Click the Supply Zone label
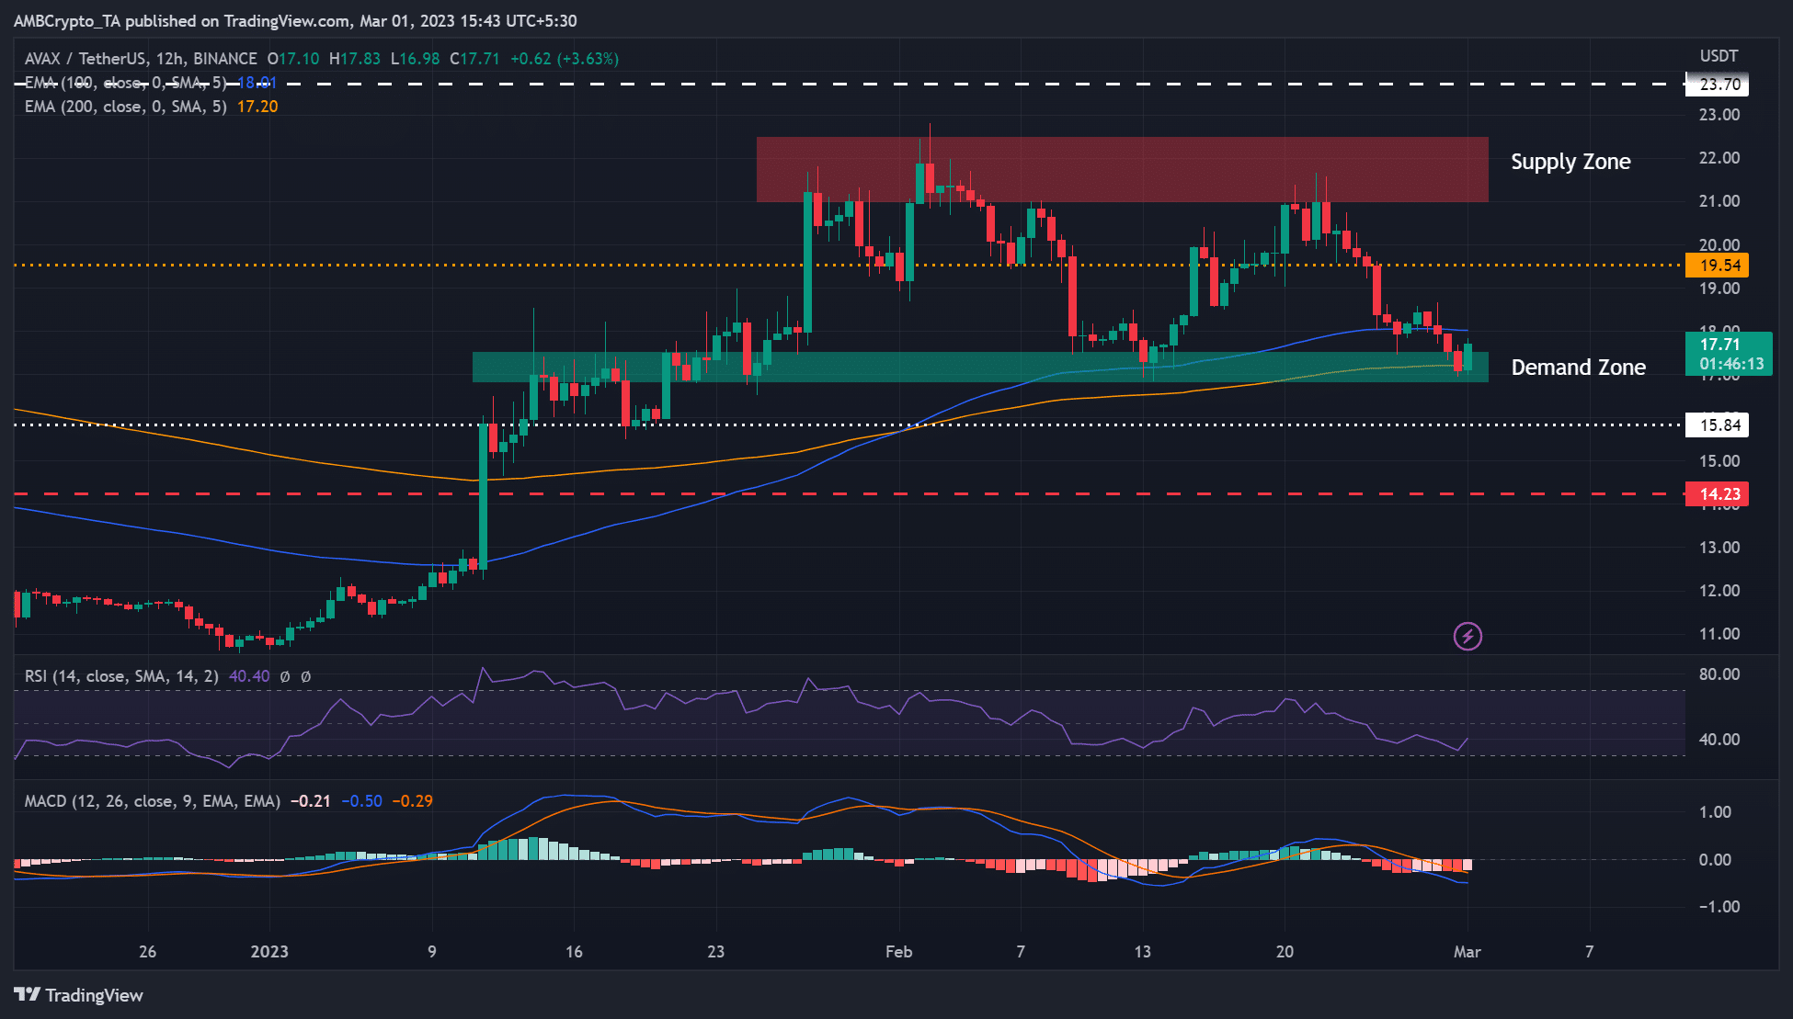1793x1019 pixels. [1570, 162]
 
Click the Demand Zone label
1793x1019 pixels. [1578, 368]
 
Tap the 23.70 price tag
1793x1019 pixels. [1719, 85]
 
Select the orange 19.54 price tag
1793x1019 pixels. [1719, 266]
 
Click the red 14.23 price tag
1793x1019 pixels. [1719, 494]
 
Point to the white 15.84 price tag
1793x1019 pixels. [1719, 425]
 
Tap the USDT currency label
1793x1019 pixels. [1719, 56]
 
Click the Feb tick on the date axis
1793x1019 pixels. [898, 952]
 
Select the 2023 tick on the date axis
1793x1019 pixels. [269, 952]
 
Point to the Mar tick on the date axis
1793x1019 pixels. [1467, 952]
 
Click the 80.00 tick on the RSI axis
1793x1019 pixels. [1719, 674]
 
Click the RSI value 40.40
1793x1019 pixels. [249, 676]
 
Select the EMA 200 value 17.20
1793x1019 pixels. [257, 107]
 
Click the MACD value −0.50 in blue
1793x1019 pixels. [361, 801]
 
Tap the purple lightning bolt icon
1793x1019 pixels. [1468, 636]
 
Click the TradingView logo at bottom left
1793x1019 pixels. [79, 995]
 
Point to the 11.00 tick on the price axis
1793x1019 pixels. [1719, 634]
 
